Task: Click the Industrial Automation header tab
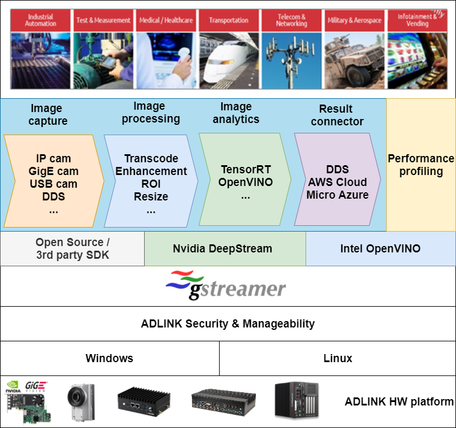click(x=41, y=20)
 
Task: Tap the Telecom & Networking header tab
click(x=291, y=20)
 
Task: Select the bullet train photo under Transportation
click(x=229, y=60)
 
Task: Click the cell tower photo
click(x=291, y=60)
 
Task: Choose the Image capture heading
click(x=47, y=114)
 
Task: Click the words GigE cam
click(x=54, y=172)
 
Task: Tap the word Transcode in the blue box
click(x=151, y=158)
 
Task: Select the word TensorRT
click(x=246, y=170)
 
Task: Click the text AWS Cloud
click(x=337, y=183)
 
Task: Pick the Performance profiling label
click(x=421, y=165)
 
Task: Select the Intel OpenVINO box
click(x=380, y=249)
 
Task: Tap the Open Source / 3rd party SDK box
click(x=72, y=249)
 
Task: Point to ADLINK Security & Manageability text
click(x=228, y=323)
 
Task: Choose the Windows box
click(x=110, y=358)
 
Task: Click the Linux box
click(x=338, y=358)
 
